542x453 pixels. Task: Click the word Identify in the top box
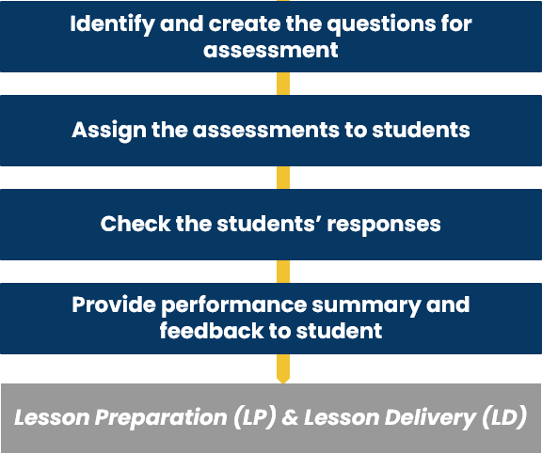[112, 24]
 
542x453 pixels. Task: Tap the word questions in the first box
[381, 24]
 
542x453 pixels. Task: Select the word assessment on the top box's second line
[271, 50]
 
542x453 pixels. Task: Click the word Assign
[109, 132]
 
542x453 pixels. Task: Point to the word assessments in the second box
[265, 131]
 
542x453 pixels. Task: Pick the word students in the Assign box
[421, 130]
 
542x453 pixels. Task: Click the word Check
[135, 224]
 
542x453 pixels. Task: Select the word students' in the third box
[269, 224]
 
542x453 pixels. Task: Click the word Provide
[114, 305]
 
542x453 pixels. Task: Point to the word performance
[234, 305]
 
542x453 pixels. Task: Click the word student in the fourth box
[339, 331]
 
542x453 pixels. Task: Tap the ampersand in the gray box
[290, 417]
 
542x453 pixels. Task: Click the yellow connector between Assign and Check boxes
[283, 178]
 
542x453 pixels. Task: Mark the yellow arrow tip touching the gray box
[283, 383]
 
